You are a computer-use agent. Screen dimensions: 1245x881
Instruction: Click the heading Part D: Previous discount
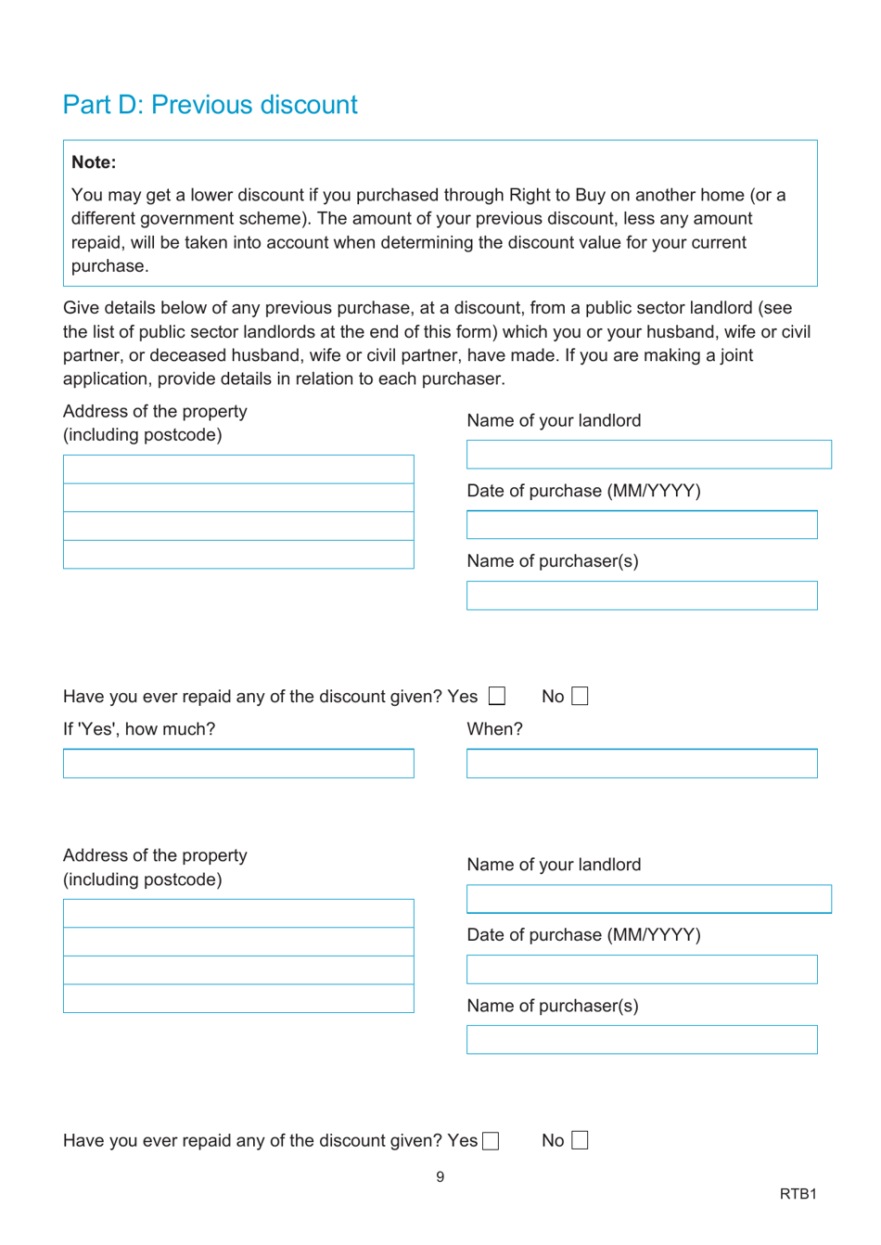[210, 105]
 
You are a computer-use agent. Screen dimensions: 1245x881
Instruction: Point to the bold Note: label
[94, 162]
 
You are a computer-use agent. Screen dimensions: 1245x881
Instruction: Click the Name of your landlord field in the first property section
[648, 455]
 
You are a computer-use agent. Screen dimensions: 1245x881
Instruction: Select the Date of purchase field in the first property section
[642, 525]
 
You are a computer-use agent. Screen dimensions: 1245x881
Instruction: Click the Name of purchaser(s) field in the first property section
[642, 596]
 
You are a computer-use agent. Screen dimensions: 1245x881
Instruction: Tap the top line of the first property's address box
[238, 469]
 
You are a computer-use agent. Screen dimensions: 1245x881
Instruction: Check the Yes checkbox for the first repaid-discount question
[497, 696]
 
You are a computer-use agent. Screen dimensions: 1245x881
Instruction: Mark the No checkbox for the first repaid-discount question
[580, 696]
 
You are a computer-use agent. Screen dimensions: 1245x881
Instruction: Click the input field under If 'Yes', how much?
[238, 764]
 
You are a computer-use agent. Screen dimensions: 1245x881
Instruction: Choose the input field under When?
[642, 764]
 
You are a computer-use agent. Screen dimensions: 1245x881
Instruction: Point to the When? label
[494, 729]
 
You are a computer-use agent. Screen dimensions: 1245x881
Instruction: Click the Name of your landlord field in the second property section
[648, 899]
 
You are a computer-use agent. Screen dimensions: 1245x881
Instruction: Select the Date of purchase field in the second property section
[642, 969]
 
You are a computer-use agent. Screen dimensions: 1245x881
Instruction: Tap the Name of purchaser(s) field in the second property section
[642, 1040]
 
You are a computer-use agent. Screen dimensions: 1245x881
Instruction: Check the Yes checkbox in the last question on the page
[491, 1141]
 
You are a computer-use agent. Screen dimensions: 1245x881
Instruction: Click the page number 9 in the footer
[440, 1177]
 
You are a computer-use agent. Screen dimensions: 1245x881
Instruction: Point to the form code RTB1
[798, 1194]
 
